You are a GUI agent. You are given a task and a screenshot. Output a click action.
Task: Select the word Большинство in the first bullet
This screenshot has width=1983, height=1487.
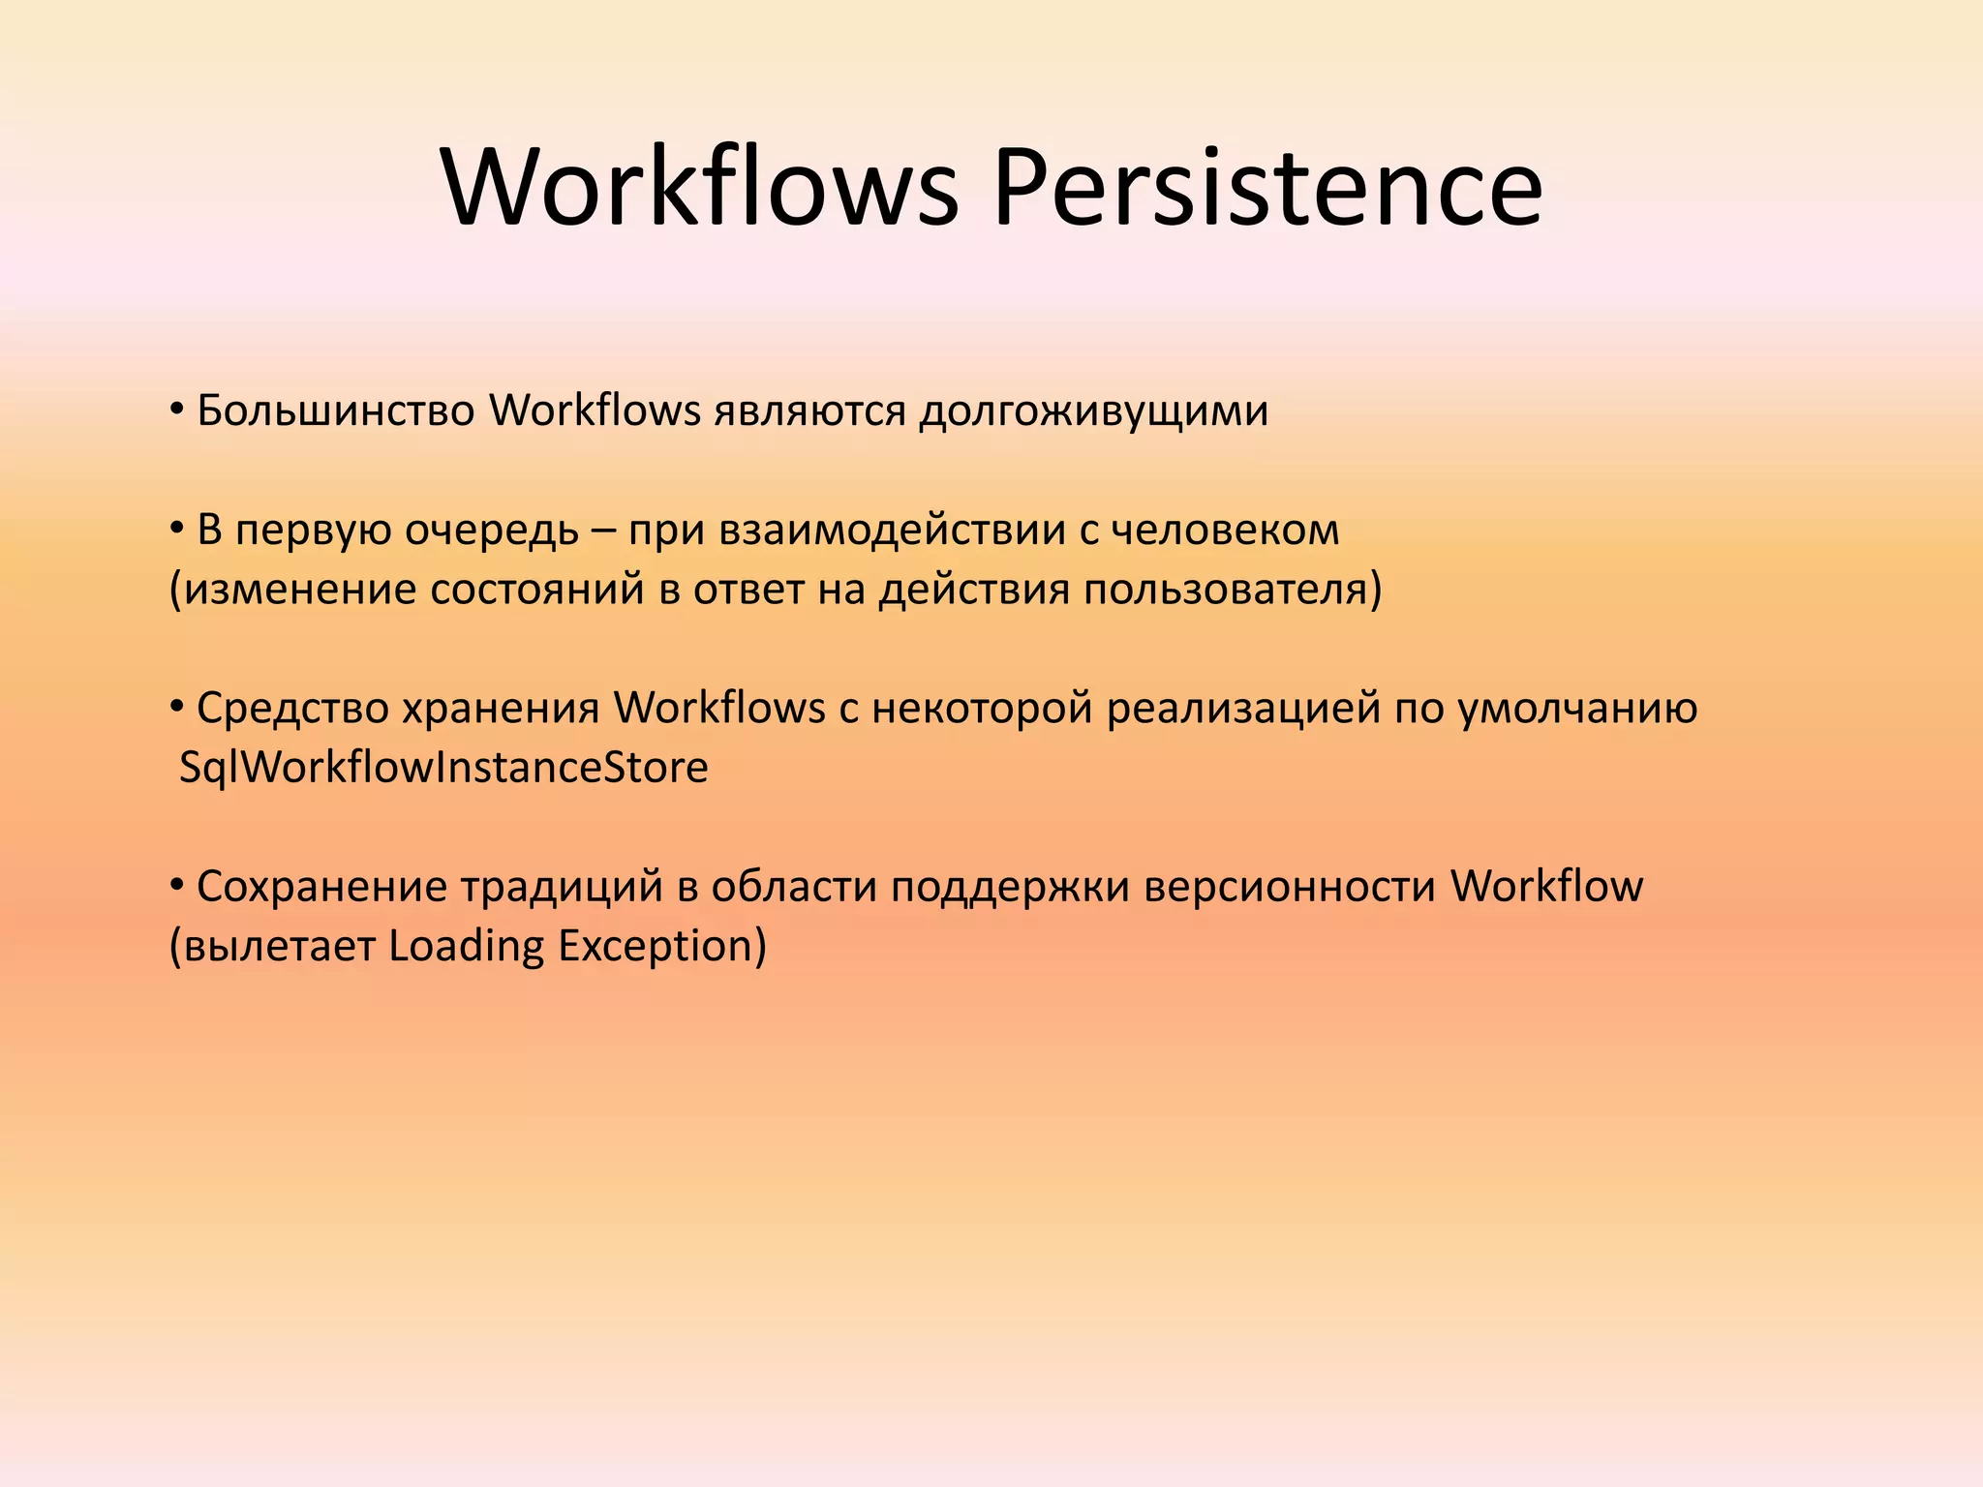click(335, 411)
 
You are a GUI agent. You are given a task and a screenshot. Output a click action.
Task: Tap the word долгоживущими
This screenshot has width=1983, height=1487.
click(1093, 411)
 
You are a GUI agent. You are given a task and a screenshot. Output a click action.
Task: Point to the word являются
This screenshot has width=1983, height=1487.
click(809, 411)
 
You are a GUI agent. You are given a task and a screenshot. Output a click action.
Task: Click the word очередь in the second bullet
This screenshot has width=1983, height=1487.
click(491, 531)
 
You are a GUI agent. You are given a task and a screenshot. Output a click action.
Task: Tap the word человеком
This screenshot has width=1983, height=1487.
click(1225, 531)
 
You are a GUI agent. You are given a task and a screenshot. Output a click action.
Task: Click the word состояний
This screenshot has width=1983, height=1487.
click(536, 590)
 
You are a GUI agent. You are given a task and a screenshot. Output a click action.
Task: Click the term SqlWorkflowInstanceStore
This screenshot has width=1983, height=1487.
click(443, 768)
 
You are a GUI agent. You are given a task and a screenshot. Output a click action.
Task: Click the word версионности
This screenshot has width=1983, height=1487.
click(1289, 887)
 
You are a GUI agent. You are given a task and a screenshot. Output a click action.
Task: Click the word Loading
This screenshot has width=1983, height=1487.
click(466, 946)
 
